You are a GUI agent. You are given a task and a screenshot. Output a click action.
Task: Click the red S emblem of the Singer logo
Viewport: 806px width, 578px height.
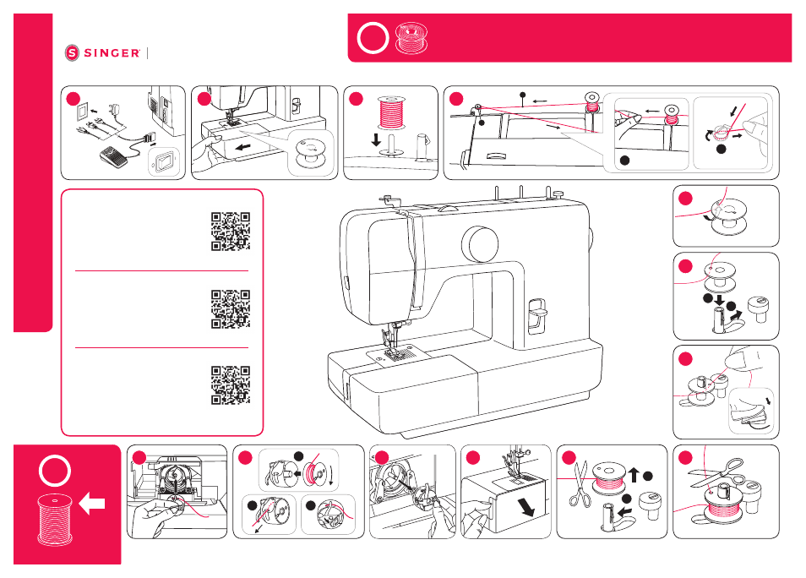[x=72, y=52]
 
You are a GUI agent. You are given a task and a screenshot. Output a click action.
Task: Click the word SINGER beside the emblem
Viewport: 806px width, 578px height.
[x=112, y=53]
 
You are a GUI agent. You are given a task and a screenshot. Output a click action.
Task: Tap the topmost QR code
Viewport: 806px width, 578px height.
[x=231, y=232]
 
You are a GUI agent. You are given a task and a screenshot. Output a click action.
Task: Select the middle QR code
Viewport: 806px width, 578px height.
[x=231, y=309]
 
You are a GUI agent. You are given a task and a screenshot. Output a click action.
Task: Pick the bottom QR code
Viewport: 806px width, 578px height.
[x=231, y=385]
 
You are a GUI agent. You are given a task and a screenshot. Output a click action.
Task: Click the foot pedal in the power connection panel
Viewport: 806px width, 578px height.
[x=113, y=157]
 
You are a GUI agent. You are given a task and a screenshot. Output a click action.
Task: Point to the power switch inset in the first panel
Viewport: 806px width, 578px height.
[x=164, y=162]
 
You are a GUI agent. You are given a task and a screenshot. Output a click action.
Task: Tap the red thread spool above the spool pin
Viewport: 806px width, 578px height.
[x=392, y=112]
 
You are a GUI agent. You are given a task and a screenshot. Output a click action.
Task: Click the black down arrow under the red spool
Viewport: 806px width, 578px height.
[x=376, y=139]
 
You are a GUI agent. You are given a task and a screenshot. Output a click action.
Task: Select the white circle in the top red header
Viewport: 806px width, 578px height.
[x=373, y=38]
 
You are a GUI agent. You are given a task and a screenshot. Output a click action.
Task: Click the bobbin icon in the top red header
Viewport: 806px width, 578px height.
[x=411, y=38]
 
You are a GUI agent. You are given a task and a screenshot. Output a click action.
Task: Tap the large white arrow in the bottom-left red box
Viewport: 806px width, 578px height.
[x=93, y=504]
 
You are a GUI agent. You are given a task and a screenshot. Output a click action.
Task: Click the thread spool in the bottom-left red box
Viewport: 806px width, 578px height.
[x=55, y=520]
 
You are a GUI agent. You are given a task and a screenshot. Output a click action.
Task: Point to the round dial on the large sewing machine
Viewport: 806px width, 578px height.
[x=480, y=243]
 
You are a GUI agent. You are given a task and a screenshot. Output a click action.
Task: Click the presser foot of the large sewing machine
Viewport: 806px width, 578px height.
[x=395, y=352]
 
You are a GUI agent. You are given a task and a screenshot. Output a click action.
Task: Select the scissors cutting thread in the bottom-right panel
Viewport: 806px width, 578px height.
[x=716, y=474]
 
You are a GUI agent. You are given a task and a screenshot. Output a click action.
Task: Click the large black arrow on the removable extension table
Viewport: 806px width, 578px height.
[x=526, y=507]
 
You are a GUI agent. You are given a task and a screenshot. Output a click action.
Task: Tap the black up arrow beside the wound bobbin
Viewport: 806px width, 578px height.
[x=634, y=474]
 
